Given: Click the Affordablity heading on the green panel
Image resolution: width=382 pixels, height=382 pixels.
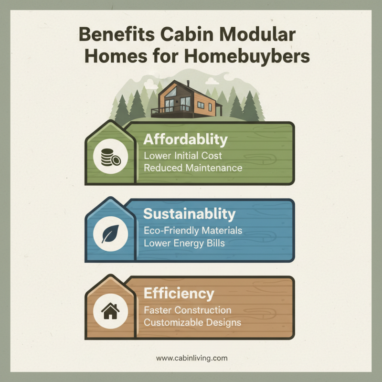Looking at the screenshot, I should [186, 140].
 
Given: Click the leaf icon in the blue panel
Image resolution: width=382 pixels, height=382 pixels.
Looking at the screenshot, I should [111, 234].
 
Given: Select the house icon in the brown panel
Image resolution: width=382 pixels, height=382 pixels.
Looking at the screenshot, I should [111, 312].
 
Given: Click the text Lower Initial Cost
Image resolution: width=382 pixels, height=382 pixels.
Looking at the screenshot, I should [183, 156].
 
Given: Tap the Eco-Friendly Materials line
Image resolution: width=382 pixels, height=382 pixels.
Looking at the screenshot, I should [193, 231].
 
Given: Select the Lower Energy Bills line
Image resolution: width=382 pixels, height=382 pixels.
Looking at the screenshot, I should [184, 243].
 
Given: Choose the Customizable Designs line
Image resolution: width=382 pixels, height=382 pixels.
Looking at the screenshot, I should [192, 322].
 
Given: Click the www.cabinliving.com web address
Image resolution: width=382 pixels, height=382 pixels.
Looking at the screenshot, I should [191, 358].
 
